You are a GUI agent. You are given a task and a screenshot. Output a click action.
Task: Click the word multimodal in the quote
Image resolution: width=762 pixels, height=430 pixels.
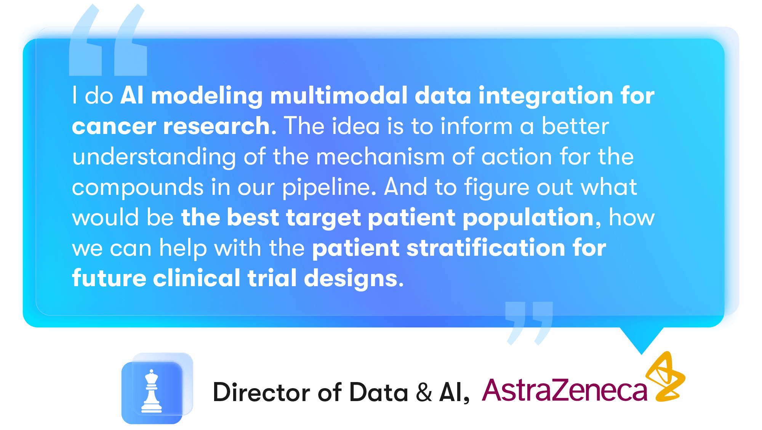pos(339,95)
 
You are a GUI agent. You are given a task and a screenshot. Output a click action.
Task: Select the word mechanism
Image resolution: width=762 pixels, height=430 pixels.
pos(380,156)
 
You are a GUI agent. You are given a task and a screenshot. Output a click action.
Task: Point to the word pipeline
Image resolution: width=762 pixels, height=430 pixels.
pos(329,188)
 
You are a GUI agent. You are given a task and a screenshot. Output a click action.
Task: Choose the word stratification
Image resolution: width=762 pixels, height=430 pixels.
pos(486,248)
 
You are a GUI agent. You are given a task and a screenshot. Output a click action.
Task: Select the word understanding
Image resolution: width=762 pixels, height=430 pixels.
pos(154,157)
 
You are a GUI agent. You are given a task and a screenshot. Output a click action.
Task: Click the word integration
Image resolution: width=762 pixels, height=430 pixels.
pos(546,96)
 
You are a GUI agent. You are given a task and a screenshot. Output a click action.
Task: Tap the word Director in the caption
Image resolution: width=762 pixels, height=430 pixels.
pos(261,392)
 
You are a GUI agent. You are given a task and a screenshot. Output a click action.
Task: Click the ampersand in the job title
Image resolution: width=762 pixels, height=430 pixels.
pos(424,392)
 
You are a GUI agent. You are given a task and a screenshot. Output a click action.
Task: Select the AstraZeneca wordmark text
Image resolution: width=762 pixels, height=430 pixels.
pos(565,390)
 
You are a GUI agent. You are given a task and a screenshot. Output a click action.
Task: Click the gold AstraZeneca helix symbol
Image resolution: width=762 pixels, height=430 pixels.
pos(666,377)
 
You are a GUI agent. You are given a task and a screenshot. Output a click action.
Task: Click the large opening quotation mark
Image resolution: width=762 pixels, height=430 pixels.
pos(108,40)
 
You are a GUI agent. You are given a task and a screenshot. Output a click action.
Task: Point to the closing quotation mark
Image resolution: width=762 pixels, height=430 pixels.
pos(529,323)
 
